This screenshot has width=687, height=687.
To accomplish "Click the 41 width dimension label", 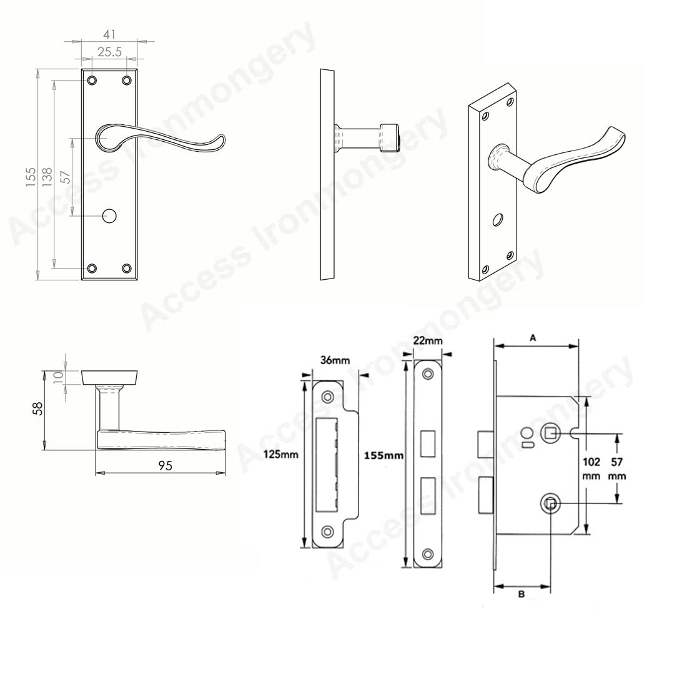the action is point(109,34).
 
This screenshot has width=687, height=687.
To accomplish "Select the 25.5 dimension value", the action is point(109,52).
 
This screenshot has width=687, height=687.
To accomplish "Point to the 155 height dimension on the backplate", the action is point(30,177).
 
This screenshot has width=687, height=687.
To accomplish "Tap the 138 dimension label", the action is point(47,177).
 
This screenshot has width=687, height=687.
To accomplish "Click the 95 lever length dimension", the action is point(165,466).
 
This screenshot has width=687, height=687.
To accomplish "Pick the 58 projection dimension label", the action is point(39,408).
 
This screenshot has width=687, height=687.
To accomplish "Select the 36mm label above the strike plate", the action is point(335,360).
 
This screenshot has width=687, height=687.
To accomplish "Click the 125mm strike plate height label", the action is point(281,454).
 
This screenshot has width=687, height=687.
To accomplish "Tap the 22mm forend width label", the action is point(428,340).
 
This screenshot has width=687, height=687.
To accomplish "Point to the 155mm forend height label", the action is point(384,456).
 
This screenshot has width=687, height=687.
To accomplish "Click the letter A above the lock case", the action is point(533,338).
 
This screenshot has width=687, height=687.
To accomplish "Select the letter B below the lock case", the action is point(521,595).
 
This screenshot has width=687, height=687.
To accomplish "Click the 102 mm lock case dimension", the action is point(591,468).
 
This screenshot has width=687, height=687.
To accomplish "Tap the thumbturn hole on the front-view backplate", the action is point(109,215).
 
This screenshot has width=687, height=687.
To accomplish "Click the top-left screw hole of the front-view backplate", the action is point(92,80).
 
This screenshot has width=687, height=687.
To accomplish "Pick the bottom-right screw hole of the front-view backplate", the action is point(127,268).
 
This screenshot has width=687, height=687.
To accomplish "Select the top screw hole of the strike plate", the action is point(327,397).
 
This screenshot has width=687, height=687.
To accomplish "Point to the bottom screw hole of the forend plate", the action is point(427,554).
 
